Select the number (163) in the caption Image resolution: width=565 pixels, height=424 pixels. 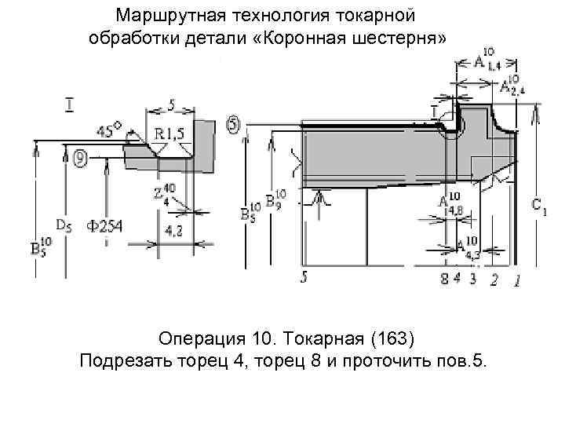click(x=391, y=339)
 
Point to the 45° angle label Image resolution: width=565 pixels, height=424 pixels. click(x=109, y=130)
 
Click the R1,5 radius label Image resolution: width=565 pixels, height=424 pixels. click(x=169, y=133)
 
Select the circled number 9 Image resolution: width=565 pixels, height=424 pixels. click(x=81, y=159)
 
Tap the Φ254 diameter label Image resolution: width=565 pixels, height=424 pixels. click(x=104, y=227)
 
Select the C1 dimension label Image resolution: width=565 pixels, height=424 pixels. click(x=539, y=206)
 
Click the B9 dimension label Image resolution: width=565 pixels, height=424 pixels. click(x=275, y=199)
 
